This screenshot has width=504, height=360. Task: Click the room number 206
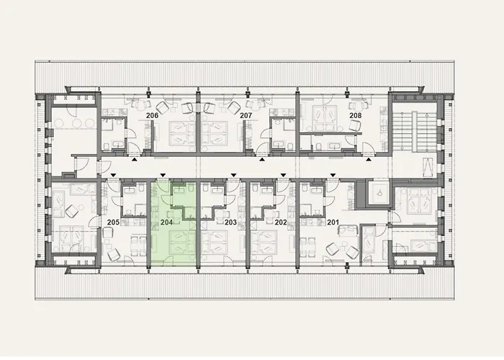(153, 115)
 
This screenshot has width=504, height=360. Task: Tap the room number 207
(246, 115)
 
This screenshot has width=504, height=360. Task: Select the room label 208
(355, 115)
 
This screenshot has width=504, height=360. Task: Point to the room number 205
(113, 222)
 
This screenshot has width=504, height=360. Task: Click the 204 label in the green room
(166, 222)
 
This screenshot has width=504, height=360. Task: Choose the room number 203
(230, 222)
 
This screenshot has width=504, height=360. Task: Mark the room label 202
(281, 222)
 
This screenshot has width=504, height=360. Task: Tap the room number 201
(333, 222)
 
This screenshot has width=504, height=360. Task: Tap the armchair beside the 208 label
(354, 125)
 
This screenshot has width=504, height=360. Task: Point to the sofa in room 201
(348, 232)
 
